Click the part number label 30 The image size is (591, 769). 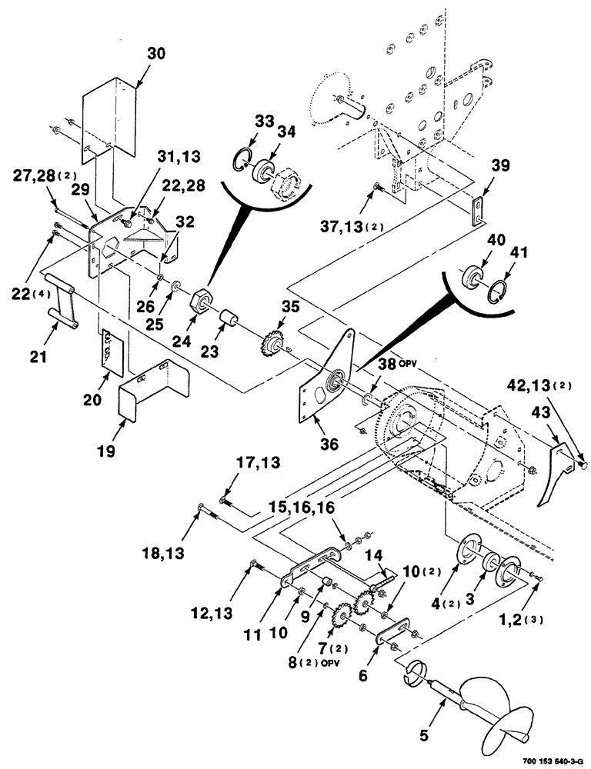[x=155, y=55]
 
